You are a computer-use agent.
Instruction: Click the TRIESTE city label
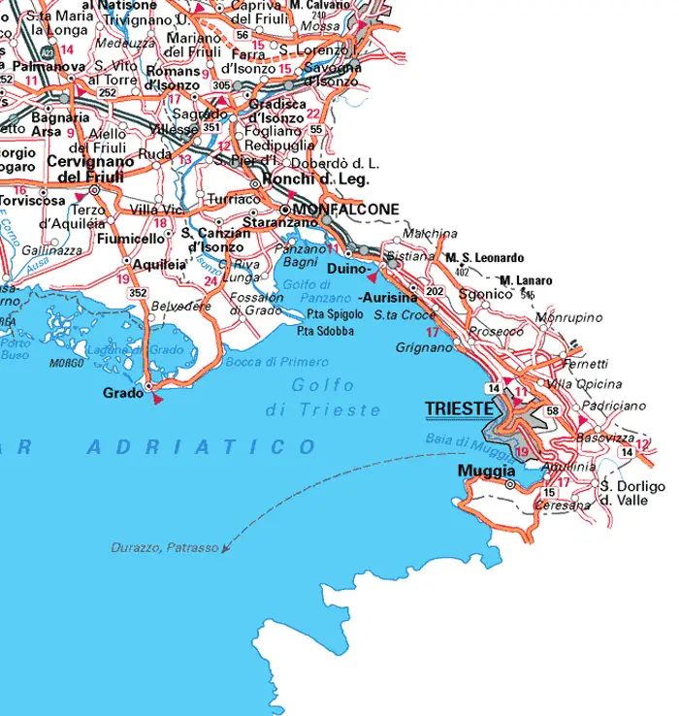pos(459,409)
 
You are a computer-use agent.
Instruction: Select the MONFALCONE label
pos(345,210)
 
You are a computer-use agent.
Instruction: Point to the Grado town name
pos(122,393)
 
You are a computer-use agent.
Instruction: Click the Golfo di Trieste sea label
pos(323,398)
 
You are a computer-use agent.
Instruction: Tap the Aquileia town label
pos(134,264)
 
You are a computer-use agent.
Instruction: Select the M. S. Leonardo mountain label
pos(484,258)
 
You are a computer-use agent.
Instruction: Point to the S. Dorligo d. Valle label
pos(632,493)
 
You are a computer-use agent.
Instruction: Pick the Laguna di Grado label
pos(121,349)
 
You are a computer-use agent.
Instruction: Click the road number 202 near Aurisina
pos(433,292)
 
